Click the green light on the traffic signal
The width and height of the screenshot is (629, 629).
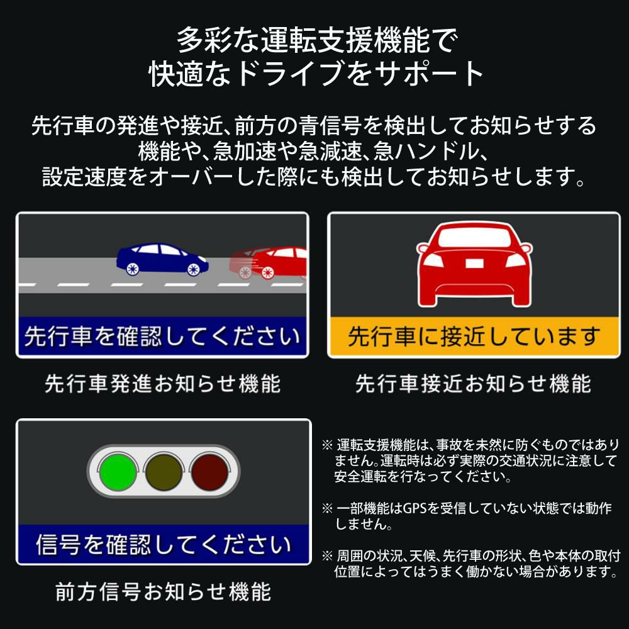[x=118, y=472]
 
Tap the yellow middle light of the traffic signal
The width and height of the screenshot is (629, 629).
[x=164, y=472]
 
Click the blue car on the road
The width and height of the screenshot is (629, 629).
[x=162, y=260]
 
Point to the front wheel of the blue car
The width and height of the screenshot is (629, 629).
[x=194, y=269]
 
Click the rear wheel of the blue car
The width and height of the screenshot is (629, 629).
[x=132, y=269]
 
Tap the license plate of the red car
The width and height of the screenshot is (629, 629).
[x=474, y=264]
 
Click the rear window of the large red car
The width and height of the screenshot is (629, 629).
[x=474, y=238]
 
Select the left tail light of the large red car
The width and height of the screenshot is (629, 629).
[x=433, y=261]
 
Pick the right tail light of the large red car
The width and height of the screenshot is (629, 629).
[x=516, y=261]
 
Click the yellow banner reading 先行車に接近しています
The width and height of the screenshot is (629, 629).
[x=474, y=337]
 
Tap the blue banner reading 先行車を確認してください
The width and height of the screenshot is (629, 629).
[x=162, y=336]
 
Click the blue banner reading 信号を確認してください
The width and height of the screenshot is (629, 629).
[x=164, y=544]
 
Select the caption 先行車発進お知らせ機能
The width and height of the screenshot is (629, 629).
[x=162, y=384]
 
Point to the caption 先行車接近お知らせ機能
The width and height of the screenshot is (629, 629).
[x=474, y=384]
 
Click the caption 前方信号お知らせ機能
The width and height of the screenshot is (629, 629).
[x=164, y=592]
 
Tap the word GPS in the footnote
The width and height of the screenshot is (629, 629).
[x=415, y=508]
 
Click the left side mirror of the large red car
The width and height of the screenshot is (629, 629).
[x=423, y=248]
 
